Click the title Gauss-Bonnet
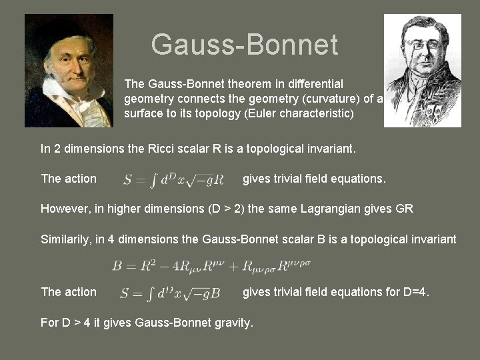click(x=244, y=45)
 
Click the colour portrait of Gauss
click(x=69, y=71)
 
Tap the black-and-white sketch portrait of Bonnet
click(x=423, y=71)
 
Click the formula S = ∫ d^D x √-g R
click(x=173, y=179)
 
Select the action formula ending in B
click(x=171, y=293)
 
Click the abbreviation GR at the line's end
click(x=405, y=209)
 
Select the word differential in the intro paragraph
click(x=315, y=84)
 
